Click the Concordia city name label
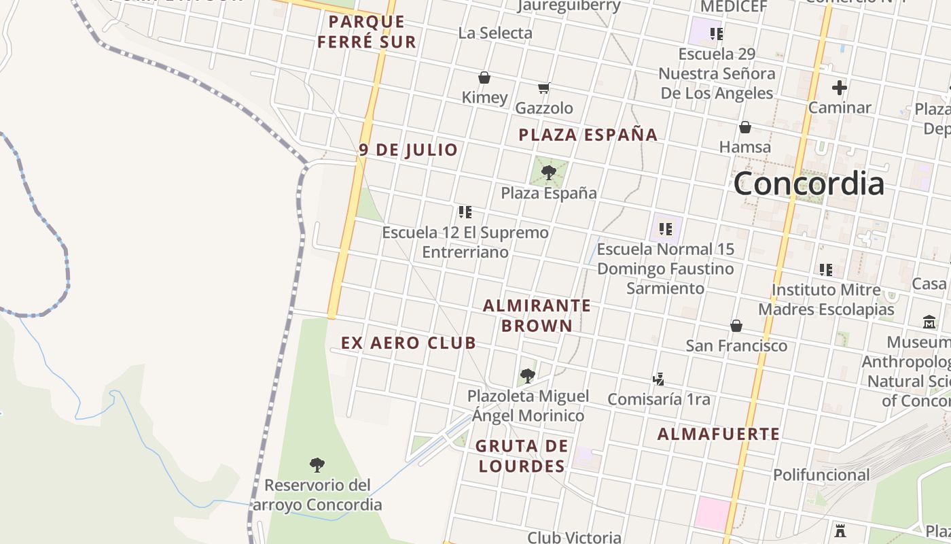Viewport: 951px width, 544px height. click(x=808, y=184)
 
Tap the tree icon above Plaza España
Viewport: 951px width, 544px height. click(x=549, y=173)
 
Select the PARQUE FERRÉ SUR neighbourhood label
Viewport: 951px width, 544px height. click(x=366, y=31)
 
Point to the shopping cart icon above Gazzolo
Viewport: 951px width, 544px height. click(x=543, y=88)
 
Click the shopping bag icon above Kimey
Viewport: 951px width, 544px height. click(x=484, y=78)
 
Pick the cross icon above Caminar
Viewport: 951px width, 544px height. click(x=840, y=88)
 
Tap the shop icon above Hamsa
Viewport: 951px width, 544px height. click(x=745, y=127)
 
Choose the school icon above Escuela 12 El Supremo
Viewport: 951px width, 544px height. click(x=465, y=212)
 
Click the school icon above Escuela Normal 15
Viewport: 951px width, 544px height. click(x=666, y=229)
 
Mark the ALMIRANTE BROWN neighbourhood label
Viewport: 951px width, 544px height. click(x=537, y=316)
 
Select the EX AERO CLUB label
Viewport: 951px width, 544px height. click(x=408, y=343)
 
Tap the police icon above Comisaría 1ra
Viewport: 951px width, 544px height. click(x=658, y=379)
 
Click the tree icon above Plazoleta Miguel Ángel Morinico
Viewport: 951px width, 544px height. click(x=527, y=375)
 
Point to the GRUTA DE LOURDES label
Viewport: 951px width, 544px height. click(x=522, y=456)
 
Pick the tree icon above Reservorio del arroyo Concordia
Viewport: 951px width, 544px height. click(x=317, y=465)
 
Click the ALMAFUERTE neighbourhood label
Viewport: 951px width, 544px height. click(x=719, y=434)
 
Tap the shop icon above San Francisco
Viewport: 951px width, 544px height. click(x=736, y=326)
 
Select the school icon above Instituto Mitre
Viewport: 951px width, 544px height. click(x=825, y=270)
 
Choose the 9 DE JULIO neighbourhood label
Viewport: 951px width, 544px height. click(x=408, y=150)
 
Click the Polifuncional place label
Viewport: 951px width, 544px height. click(x=821, y=475)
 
